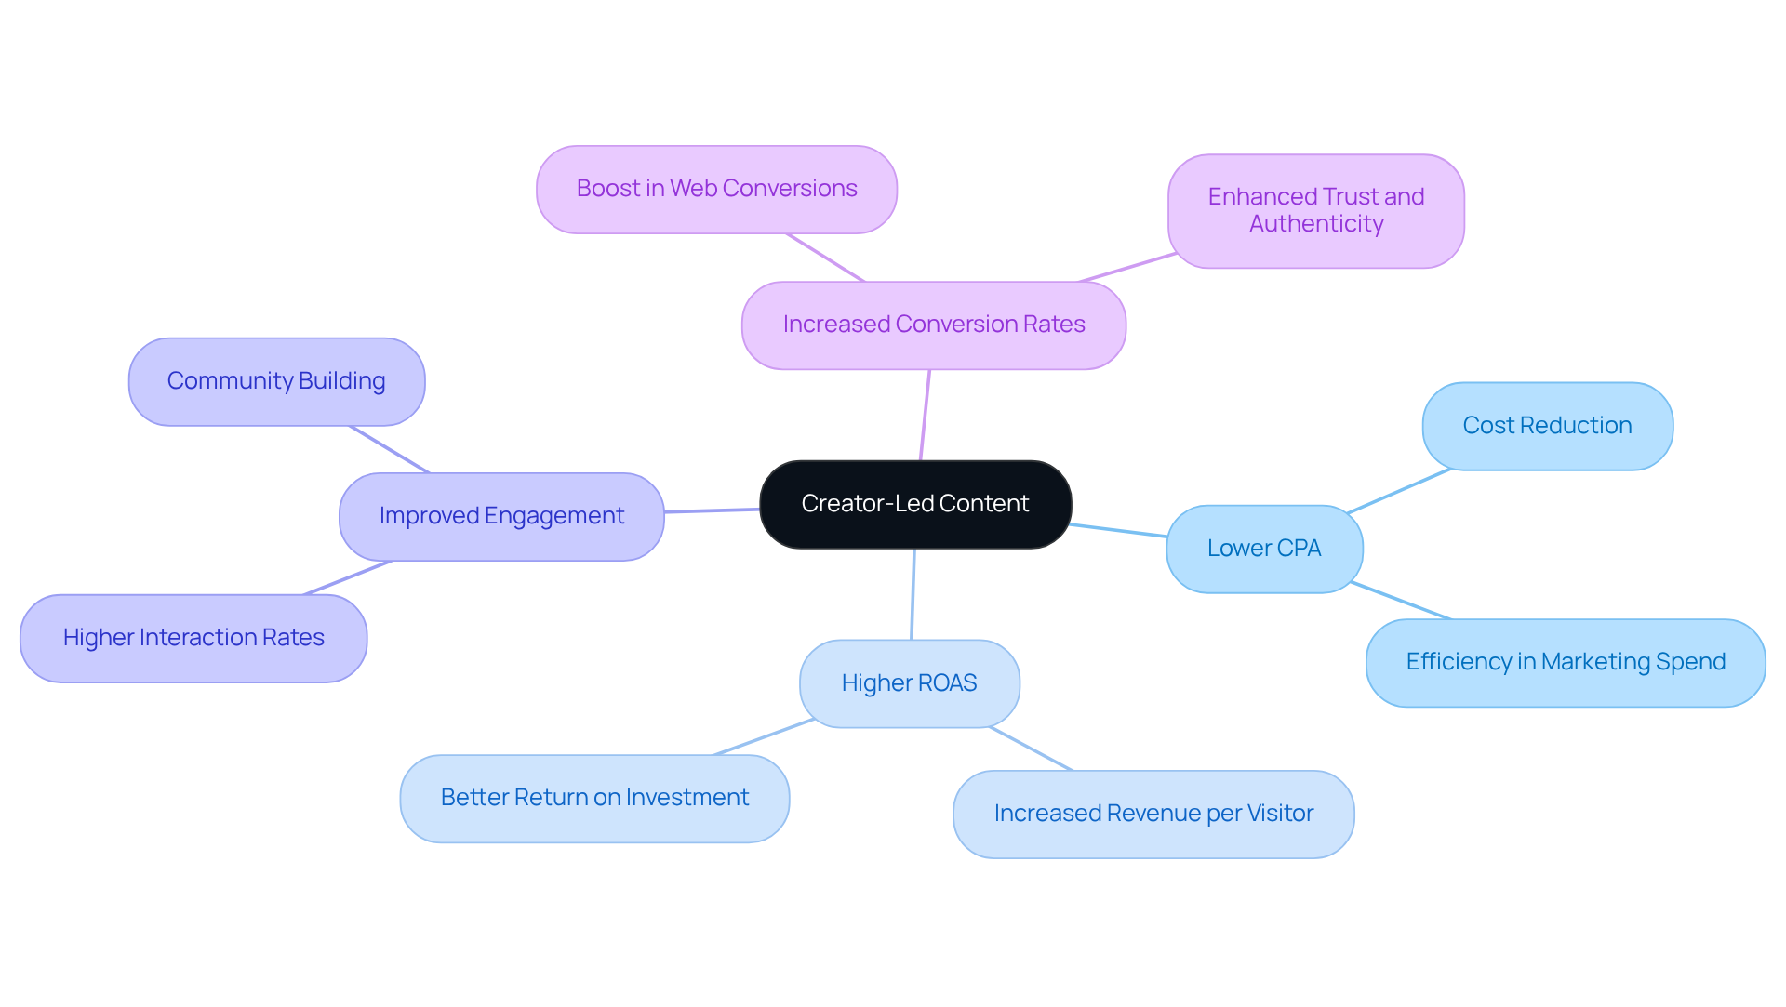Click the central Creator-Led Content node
pyautogui.click(x=915, y=504)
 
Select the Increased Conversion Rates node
pyautogui.click(x=934, y=325)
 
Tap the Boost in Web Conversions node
pyautogui.click(x=716, y=189)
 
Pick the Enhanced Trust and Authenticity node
pyautogui.click(x=1315, y=210)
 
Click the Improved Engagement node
pyautogui.click(x=501, y=516)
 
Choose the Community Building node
pyautogui.click(x=276, y=381)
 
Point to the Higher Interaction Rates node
pyautogui.click(x=193, y=638)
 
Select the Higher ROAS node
pyautogui.click(x=909, y=683)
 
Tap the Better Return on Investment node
pyautogui.click(x=594, y=798)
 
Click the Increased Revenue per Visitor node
pyautogui.click(x=1153, y=814)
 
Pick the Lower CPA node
pyautogui.click(x=1264, y=549)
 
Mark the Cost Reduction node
pyautogui.click(x=1547, y=426)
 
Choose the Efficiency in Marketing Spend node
pyautogui.click(x=1566, y=662)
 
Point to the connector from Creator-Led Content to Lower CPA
pyautogui.click(x=1119, y=531)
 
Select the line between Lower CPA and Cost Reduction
pyautogui.click(x=1399, y=491)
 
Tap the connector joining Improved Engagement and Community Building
pyautogui.click(x=390, y=450)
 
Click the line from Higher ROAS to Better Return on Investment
pyautogui.click(x=764, y=737)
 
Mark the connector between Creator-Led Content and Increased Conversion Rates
pyautogui.click(x=925, y=415)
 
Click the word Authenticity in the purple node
pyautogui.click(x=1316, y=224)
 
